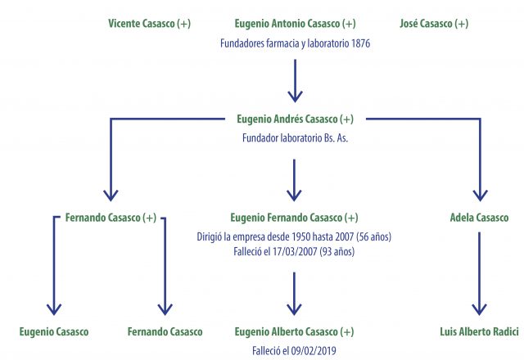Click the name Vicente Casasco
[143, 24]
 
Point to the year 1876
[360, 43]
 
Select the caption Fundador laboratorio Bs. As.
[295, 138]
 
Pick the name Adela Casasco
[479, 218]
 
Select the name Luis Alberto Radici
[479, 332]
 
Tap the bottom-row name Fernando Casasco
[165, 332]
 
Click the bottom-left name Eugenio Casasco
[54, 332]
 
